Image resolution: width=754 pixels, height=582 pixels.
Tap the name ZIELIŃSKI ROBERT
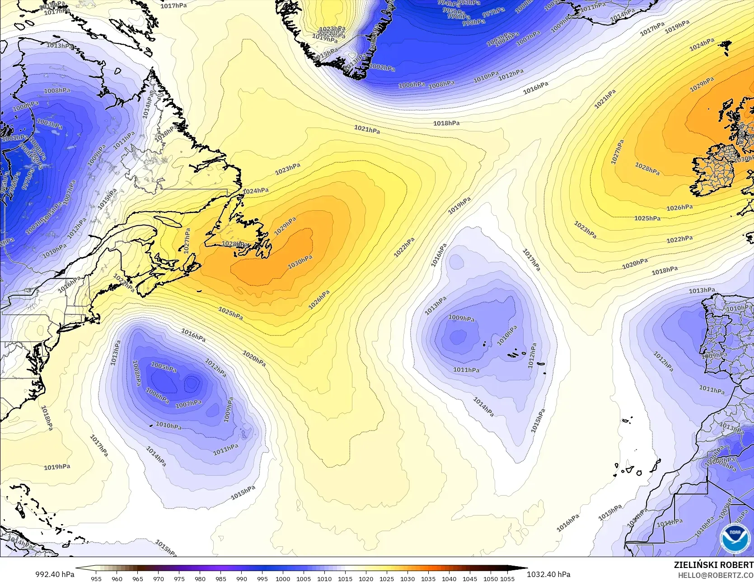coord(713,564)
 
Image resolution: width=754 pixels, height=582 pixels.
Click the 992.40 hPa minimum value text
coord(55,574)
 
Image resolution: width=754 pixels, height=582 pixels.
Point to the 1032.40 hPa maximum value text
coord(548,574)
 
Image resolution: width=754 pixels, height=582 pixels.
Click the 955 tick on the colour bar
coord(96,578)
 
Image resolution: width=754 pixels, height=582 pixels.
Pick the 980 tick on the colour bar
coord(200,578)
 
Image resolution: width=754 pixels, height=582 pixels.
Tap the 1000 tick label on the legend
coord(283,578)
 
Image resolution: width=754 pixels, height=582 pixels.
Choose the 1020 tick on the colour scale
coord(366,578)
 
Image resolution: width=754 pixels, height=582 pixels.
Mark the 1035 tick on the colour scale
coord(428,578)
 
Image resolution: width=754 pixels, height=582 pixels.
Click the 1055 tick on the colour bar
coord(507,578)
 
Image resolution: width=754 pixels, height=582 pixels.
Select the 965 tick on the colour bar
coord(137,578)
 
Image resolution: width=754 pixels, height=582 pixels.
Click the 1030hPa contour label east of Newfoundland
coord(300,261)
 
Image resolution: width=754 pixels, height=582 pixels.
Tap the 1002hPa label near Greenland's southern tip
coord(382,67)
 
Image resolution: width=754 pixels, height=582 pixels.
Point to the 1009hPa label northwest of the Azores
coord(461,318)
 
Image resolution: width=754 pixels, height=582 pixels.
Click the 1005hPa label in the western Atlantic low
coord(164,368)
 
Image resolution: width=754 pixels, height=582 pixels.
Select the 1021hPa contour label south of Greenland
coord(367,130)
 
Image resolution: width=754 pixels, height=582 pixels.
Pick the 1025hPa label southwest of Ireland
coord(647,218)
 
